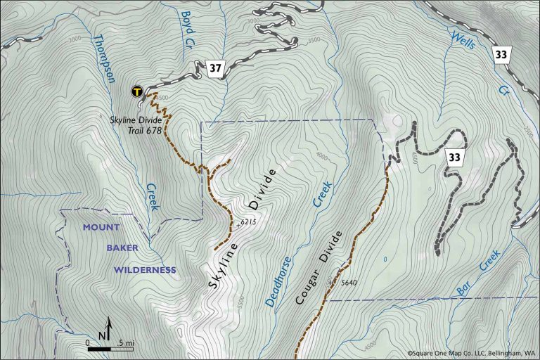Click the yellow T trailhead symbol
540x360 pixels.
click(137, 91)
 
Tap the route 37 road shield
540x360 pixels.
click(215, 68)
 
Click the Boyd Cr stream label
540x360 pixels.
click(187, 27)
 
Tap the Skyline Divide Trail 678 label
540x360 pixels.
click(136, 124)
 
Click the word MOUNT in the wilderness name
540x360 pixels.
click(102, 227)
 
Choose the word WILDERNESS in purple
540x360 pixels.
click(146, 269)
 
